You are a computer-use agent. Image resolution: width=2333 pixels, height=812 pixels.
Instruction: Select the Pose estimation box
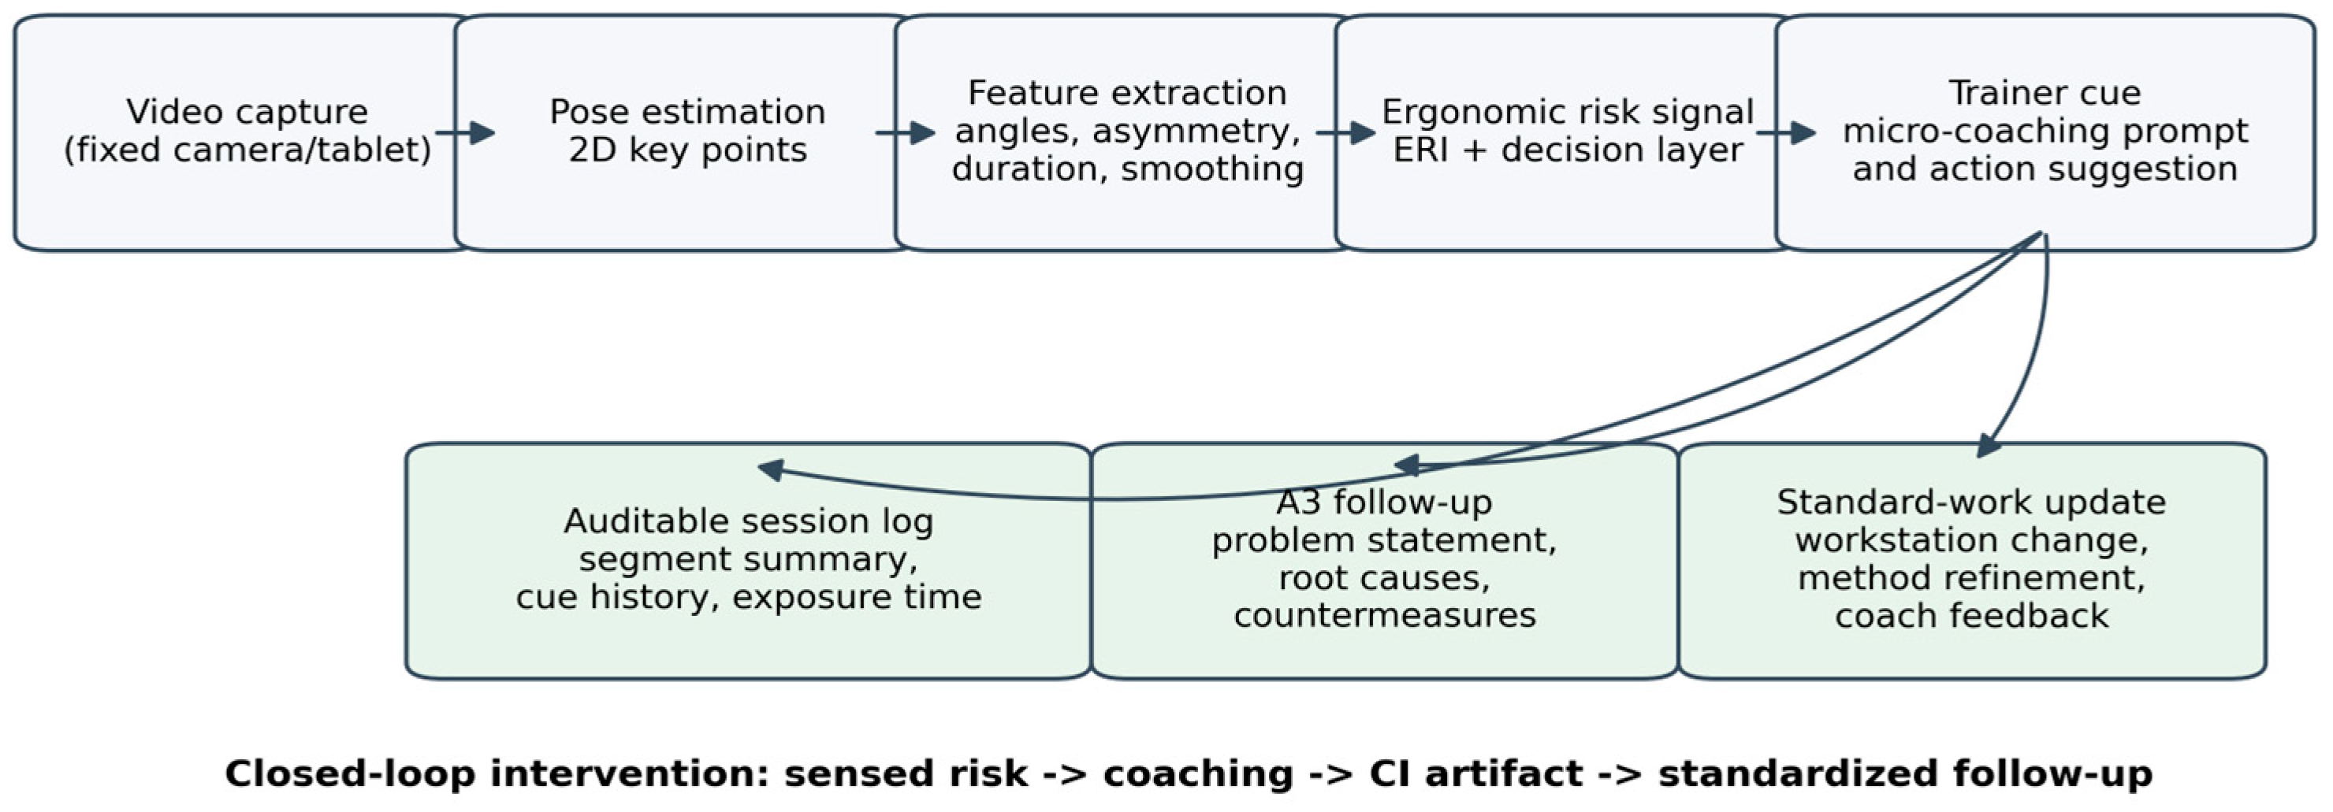tap(686, 132)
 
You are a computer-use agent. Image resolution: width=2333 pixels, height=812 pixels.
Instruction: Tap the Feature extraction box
tap(1126, 132)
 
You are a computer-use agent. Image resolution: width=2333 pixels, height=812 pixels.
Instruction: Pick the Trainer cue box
tap(2045, 132)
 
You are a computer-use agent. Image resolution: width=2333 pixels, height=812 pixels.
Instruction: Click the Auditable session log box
tap(748, 560)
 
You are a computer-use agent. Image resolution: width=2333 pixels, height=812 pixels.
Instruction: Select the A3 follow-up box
tap(1385, 560)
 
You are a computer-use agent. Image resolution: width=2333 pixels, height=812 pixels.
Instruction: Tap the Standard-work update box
tap(1973, 560)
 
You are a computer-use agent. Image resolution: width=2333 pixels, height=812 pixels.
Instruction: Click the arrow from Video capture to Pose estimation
tap(464, 133)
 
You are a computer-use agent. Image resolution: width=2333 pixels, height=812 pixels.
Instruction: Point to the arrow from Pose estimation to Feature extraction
tap(905, 133)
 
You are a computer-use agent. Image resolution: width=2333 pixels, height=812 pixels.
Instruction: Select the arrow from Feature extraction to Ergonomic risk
tap(1346, 133)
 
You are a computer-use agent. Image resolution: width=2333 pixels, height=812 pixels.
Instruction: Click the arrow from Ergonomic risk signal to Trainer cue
tap(1786, 133)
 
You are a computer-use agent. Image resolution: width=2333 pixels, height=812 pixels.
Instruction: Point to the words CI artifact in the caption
tap(1475, 775)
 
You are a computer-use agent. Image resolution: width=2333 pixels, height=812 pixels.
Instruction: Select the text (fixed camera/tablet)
tap(247, 150)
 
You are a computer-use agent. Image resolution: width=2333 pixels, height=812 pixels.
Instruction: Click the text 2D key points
tap(687, 150)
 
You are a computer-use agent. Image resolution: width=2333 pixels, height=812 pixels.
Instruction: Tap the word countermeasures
tap(1385, 616)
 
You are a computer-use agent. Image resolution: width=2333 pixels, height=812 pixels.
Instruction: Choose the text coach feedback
tap(1972, 616)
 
